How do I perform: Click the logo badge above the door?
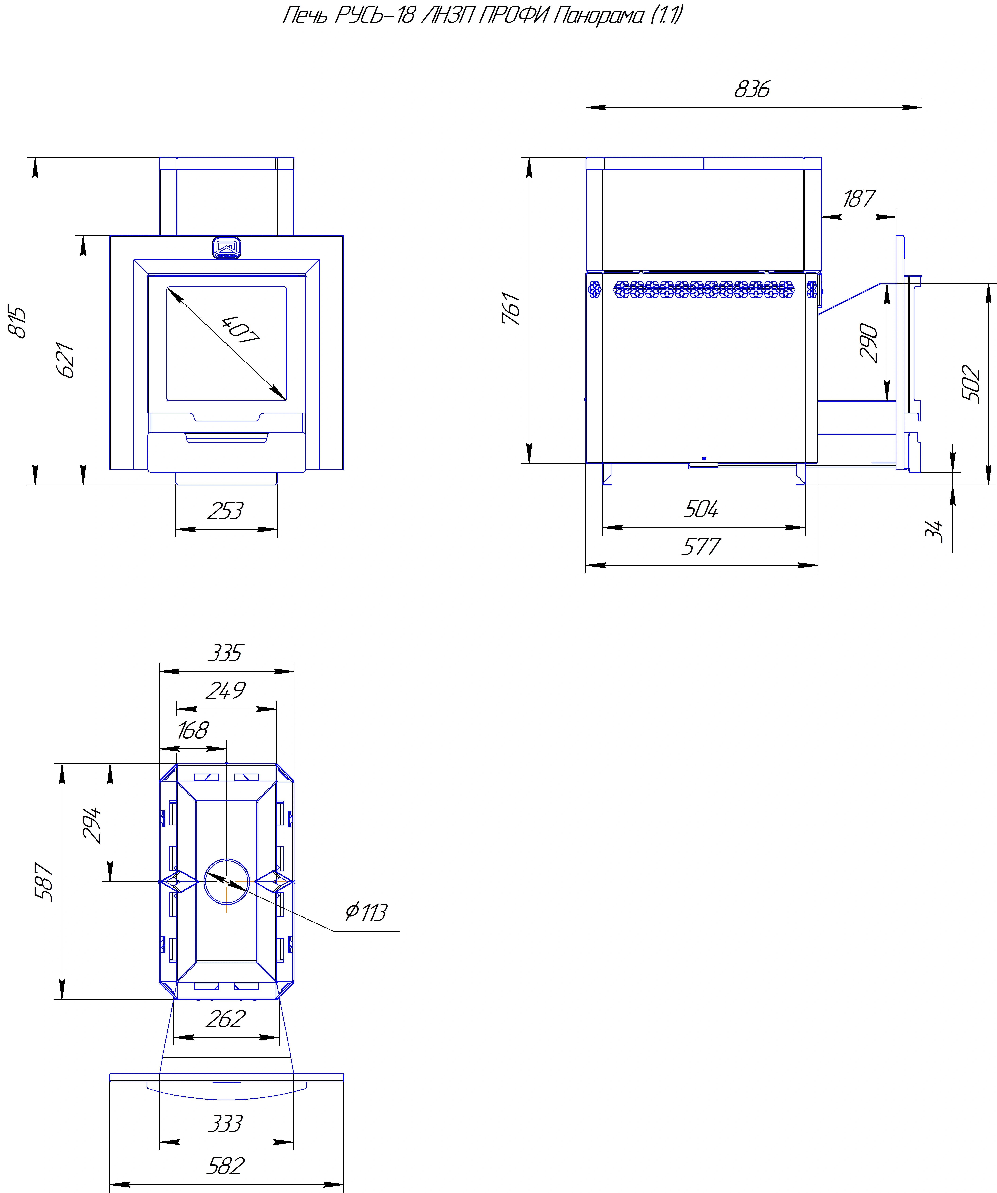point(227,248)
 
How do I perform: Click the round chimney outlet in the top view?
point(227,882)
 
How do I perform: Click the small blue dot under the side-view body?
point(704,458)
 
